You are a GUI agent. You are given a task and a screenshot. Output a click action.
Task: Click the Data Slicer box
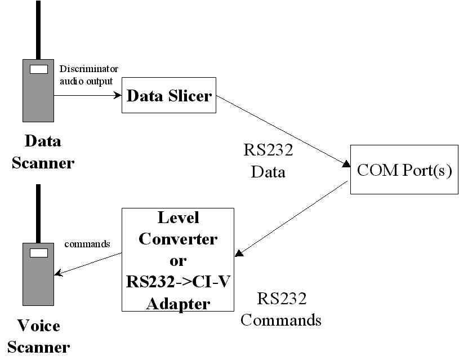[x=169, y=96]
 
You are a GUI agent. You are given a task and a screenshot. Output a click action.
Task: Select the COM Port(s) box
[x=404, y=170]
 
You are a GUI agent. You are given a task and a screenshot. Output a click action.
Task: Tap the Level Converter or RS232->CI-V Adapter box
[x=178, y=259]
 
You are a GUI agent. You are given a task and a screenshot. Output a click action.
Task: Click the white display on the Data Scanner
[x=38, y=69]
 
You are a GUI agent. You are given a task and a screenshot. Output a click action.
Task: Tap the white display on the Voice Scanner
[x=38, y=253]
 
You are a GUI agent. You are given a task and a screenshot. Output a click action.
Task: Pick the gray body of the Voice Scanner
[x=38, y=282]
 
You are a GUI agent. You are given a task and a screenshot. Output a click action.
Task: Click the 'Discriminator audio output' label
[x=88, y=74]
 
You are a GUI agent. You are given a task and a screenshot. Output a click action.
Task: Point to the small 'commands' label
[x=87, y=245]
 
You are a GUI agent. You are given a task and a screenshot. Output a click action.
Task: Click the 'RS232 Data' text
[x=268, y=161]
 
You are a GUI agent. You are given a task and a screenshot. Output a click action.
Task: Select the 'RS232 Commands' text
[x=280, y=309]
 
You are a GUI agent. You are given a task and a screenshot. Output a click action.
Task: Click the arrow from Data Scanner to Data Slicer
[x=87, y=95]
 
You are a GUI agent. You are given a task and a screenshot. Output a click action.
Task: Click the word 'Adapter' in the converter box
[x=178, y=304]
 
